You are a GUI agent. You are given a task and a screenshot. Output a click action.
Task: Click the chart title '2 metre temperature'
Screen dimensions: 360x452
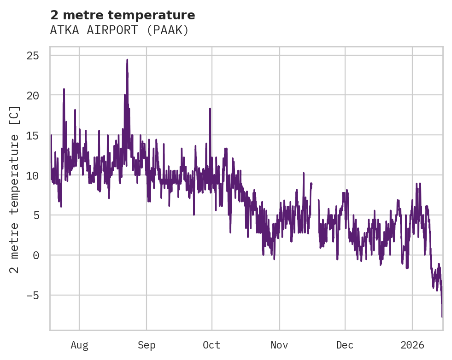click(x=123, y=15)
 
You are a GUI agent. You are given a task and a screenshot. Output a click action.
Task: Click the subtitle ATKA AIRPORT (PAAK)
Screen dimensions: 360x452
click(x=119, y=30)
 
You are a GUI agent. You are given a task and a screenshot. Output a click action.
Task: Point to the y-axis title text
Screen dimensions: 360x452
click(x=15, y=190)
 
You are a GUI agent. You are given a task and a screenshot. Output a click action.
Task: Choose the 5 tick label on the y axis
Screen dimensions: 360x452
click(x=36, y=215)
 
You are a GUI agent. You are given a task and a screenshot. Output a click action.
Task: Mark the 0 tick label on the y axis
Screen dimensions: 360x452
click(x=36, y=255)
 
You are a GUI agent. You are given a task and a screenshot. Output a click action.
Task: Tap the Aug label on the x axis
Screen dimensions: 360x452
click(x=79, y=345)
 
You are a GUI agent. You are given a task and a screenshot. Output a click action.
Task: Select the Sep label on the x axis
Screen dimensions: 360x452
click(x=147, y=345)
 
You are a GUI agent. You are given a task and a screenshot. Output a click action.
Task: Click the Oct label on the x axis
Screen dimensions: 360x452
click(x=211, y=345)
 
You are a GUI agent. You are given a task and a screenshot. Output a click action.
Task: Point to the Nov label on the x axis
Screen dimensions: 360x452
click(x=279, y=345)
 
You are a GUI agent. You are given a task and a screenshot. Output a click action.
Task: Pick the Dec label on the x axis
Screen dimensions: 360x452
click(x=345, y=345)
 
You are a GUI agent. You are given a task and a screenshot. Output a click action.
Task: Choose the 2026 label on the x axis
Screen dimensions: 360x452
click(x=412, y=345)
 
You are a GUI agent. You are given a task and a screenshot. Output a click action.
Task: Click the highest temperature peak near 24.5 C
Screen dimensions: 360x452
click(x=127, y=60)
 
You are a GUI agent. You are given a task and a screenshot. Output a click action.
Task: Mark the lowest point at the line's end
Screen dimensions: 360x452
click(x=442, y=317)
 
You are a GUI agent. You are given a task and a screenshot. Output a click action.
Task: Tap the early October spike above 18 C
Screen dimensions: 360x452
click(x=210, y=109)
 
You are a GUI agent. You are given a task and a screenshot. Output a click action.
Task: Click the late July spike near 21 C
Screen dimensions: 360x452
click(x=64, y=89)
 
